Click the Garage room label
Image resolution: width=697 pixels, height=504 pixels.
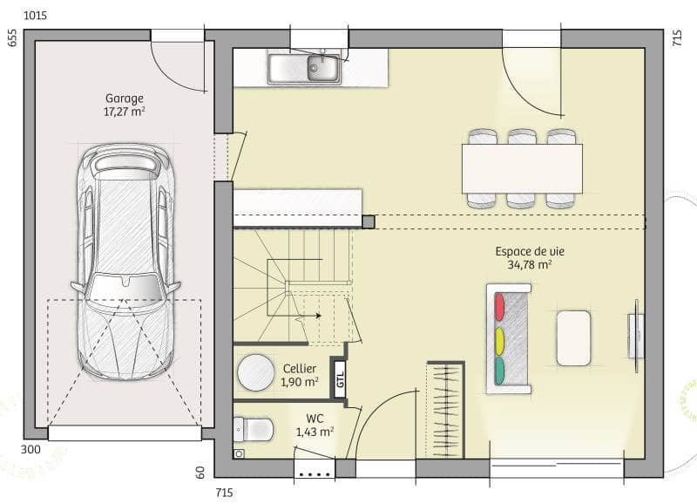click(124, 99)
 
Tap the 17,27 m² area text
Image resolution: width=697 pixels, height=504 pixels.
click(124, 112)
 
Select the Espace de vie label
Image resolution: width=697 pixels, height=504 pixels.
click(529, 251)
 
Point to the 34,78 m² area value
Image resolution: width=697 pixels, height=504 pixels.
click(529, 264)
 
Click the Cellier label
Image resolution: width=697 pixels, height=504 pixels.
click(299, 369)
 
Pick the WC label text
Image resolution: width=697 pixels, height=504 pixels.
click(315, 418)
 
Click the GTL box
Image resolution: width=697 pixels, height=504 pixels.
click(340, 378)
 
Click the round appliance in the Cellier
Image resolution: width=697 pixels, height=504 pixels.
click(256, 372)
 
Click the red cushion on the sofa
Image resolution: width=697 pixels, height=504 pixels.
click(500, 307)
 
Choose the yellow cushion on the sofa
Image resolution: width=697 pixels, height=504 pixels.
click(500, 338)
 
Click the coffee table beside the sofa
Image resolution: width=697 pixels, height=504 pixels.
click(573, 337)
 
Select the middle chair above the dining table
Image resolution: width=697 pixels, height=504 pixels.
click(522, 137)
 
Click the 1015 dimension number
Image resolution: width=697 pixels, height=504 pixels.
click(36, 16)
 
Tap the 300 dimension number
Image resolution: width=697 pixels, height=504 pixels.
click(30, 450)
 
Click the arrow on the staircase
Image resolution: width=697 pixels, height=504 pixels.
click(318, 316)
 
